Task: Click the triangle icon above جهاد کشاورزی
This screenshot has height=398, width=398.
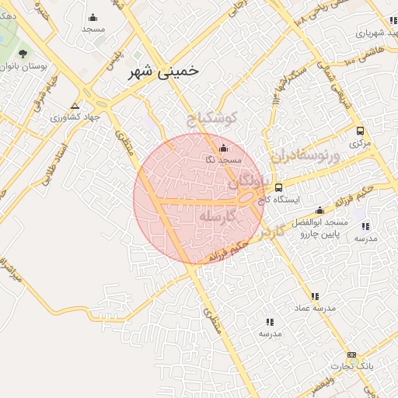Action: (75, 106)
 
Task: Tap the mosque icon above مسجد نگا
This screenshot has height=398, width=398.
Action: (224, 148)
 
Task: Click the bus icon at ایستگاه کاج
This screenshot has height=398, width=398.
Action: (279, 187)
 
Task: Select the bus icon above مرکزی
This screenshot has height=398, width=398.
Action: (359, 131)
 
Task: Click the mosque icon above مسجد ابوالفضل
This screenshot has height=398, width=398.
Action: (319, 211)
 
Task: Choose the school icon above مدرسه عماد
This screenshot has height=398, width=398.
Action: (315, 296)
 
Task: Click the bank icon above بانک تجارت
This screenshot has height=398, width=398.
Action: (351, 354)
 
